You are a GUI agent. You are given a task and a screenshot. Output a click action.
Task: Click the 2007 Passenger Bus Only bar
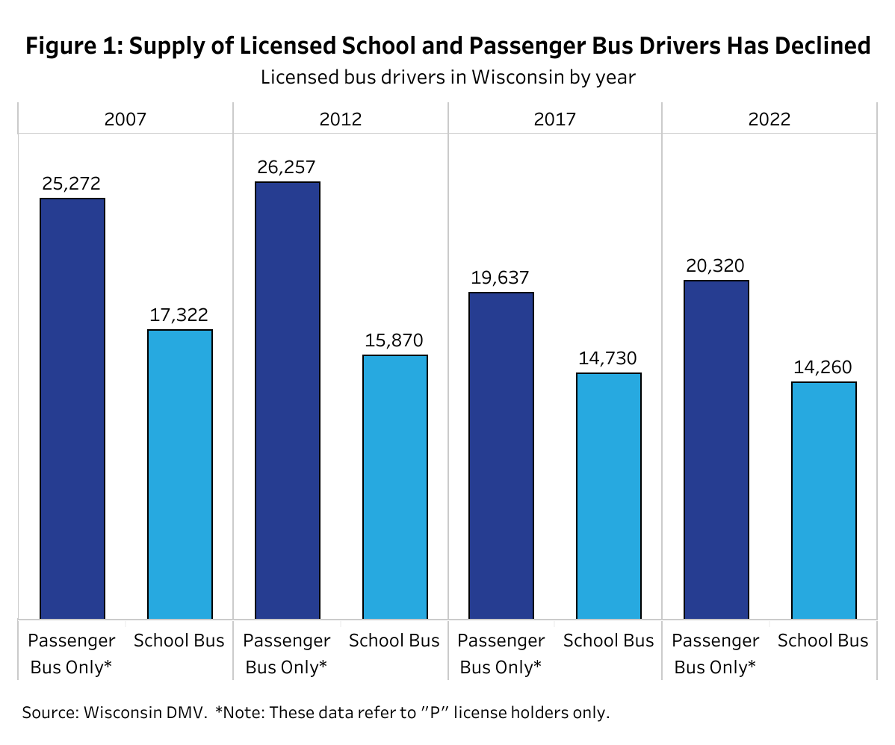pyautogui.click(x=72, y=408)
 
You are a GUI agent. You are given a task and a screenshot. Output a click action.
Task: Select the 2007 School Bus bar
pyautogui.click(x=180, y=474)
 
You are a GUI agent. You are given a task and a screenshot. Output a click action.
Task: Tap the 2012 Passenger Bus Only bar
pyautogui.click(x=288, y=400)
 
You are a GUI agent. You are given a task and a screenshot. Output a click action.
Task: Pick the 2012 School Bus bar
pyautogui.click(x=395, y=487)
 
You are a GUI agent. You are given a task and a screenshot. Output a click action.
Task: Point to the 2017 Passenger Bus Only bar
pyautogui.click(x=501, y=455)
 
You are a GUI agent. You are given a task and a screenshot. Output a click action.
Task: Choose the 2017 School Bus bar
pyautogui.click(x=609, y=496)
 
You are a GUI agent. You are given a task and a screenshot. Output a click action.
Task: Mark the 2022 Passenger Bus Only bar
pyautogui.click(x=716, y=449)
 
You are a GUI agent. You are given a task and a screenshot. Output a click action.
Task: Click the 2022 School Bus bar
pyautogui.click(x=824, y=500)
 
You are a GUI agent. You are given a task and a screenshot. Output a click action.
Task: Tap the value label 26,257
pyautogui.click(x=288, y=167)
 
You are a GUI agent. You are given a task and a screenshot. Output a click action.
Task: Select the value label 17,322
pyautogui.click(x=180, y=315)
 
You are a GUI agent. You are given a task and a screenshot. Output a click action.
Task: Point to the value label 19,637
pyautogui.click(x=501, y=278)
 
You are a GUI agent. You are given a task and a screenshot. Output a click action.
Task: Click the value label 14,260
pyautogui.click(x=823, y=367)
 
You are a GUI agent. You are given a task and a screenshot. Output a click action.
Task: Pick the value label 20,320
pyautogui.click(x=716, y=266)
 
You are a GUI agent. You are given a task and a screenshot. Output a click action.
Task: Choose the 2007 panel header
pyautogui.click(x=126, y=119)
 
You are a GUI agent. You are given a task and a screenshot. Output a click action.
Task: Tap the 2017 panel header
pyautogui.click(x=555, y=119)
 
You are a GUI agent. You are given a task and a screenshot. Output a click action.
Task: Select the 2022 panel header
pyautogui.click(x=769, y=119)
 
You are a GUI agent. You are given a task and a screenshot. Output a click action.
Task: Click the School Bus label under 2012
pyautogui.click(x=394, y=640)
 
